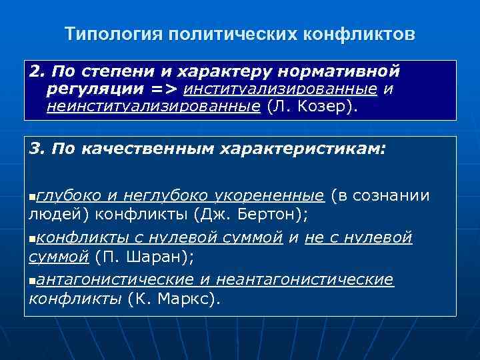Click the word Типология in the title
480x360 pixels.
[107, 33]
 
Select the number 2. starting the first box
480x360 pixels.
[37, 71]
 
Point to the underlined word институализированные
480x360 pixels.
[283, 89]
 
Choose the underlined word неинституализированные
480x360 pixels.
[153, 106]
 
